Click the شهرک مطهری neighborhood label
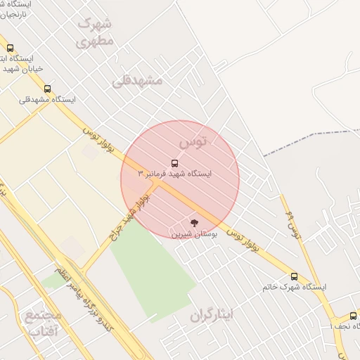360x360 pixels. [94, 32]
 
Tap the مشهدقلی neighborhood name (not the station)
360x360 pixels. [137, 80]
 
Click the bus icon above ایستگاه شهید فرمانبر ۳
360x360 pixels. [174, 163]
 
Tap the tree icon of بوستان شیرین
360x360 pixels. [195, 222]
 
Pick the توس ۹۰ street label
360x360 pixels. [293, 223]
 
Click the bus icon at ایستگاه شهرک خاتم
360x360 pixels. [294, 276]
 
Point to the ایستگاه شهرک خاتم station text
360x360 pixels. [294, 287]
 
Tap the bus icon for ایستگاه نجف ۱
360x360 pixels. [353, 316]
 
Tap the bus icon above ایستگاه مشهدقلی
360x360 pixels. [47, 89]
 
